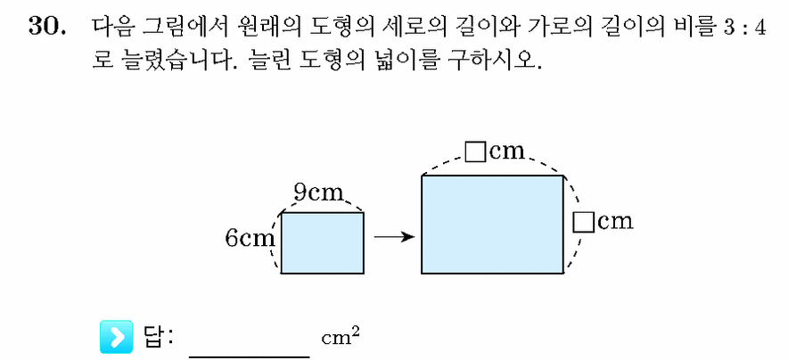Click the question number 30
click(x=48, y=27)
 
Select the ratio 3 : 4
click(x=745, y=29)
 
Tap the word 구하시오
click(x=488, y=61)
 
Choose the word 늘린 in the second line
click(x=274, y=61)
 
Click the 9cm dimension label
click(x=318, y=192)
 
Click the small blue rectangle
click(x=322, y=243)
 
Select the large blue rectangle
click(x=492, y=225)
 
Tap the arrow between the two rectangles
click(x=394, y=236)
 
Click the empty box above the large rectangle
click(x=474, y=152)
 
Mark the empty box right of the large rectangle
click(x=583, y=222)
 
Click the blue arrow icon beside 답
click(x=117, y=336)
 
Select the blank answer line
click(x=250, y=357)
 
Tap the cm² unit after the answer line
click(x=341, y=337)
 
